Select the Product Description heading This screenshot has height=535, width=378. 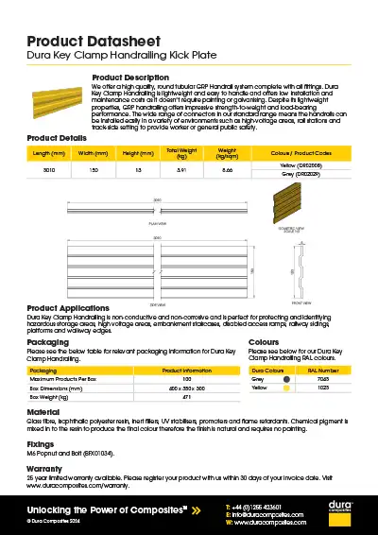coord(129,77)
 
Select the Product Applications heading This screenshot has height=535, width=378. coord(80,308)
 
